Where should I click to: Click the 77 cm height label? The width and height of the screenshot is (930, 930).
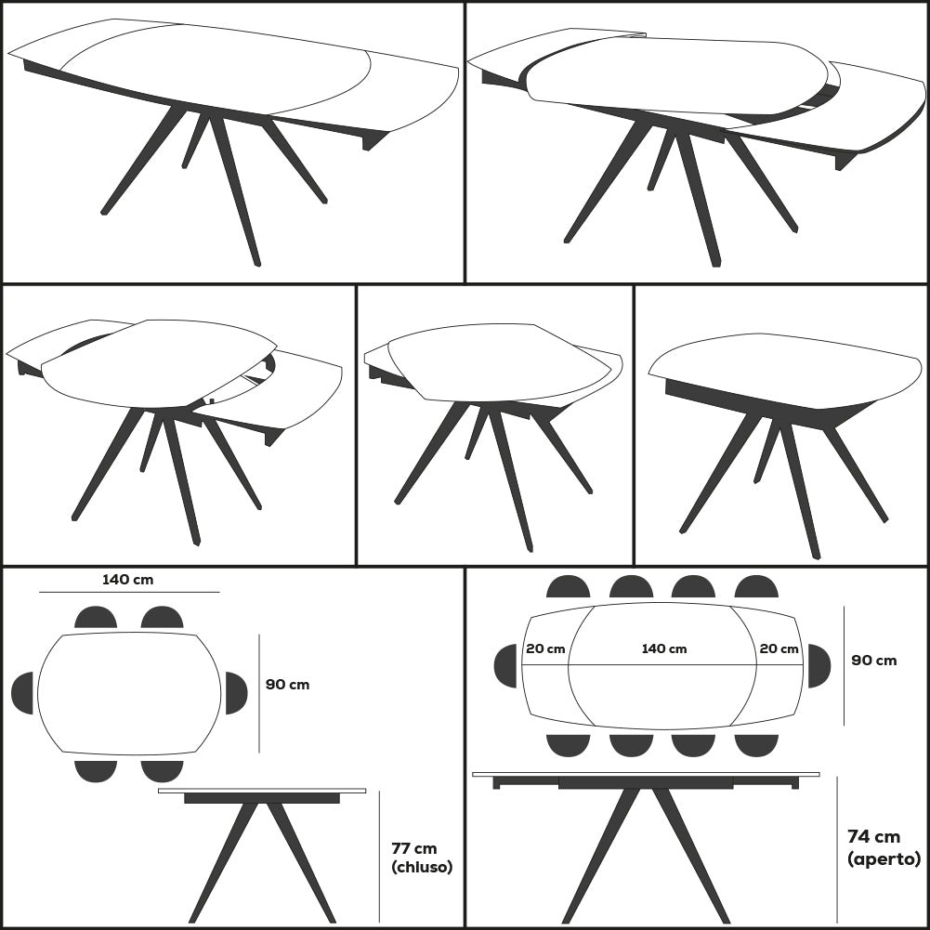414,849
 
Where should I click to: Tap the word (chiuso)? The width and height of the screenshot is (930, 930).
422,867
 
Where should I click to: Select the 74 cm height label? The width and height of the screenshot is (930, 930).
873,837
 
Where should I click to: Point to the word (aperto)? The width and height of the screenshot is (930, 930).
884,858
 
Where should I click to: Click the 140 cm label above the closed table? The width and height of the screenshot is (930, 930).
127,580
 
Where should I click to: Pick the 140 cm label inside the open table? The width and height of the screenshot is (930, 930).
664,648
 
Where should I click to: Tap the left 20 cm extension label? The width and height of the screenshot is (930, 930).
545,648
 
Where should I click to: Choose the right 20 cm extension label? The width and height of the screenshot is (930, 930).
779,648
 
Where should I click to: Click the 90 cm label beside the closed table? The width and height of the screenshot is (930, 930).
287,685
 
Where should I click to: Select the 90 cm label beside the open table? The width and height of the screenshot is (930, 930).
873,661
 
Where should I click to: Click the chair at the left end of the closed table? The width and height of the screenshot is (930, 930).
22,693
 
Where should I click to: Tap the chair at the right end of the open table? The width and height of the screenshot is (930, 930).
819,665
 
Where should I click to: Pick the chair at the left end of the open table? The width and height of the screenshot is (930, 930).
505,665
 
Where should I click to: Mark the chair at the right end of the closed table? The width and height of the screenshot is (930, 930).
236,693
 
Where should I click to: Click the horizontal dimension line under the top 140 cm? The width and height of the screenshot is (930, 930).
129,592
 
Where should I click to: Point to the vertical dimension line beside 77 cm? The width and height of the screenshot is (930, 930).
380,857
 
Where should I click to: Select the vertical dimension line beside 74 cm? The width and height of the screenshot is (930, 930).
837,849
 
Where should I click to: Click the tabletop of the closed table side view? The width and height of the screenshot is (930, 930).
262,791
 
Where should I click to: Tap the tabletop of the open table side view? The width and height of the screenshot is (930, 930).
646,775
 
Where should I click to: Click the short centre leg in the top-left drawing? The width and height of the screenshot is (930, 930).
196,141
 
